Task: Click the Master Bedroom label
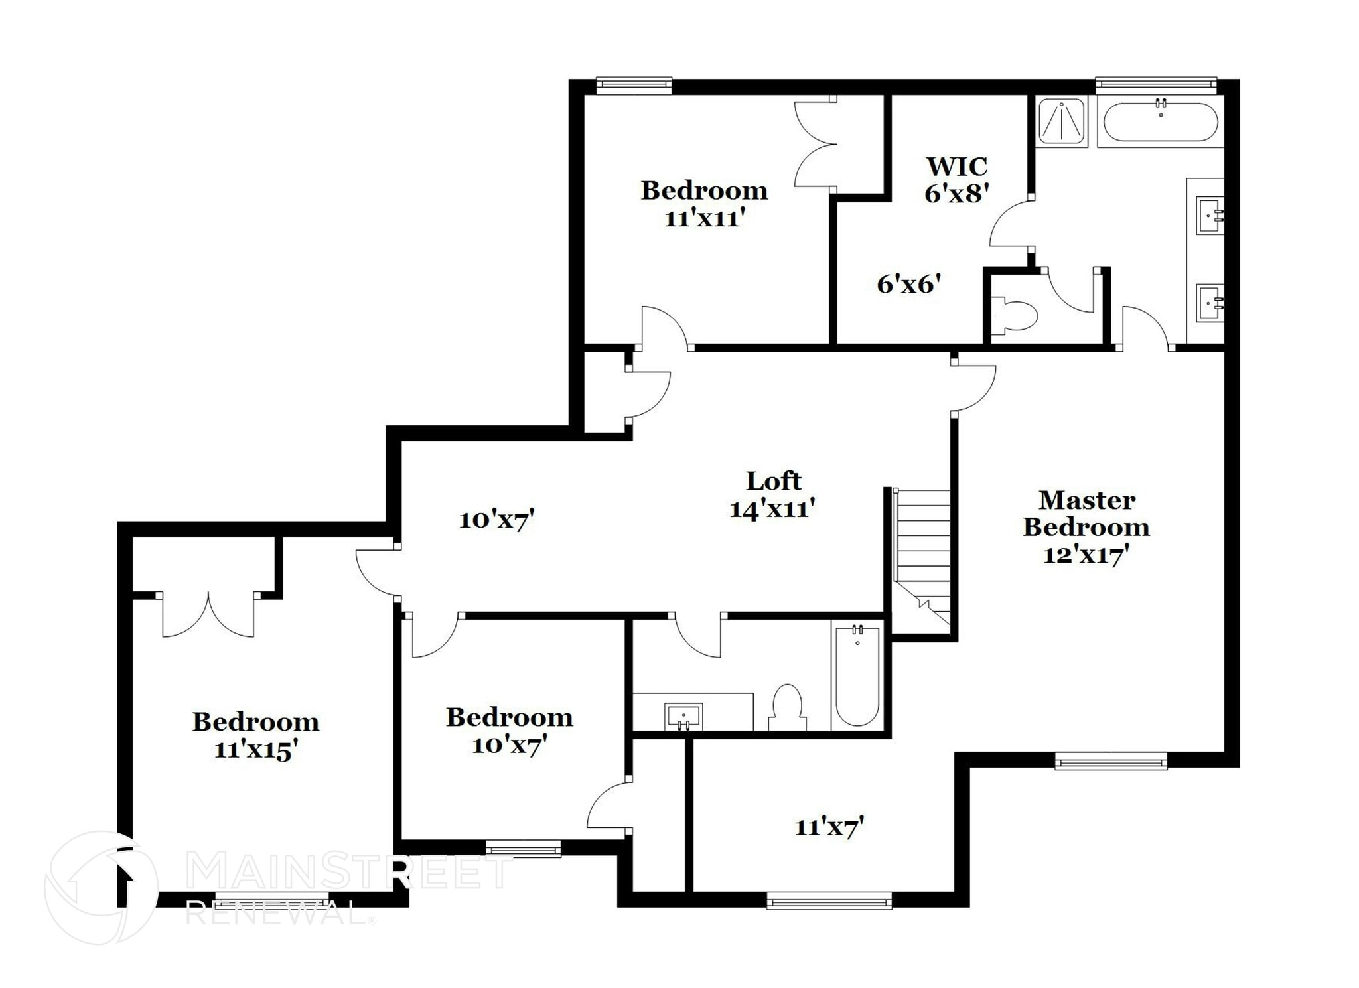point(1086,514)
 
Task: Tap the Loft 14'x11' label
point(772,494)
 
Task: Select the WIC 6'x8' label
point(956,179)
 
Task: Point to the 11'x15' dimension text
point(255,750)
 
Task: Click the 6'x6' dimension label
point(909,285)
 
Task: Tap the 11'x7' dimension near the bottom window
point(829,827)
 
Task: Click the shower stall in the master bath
point(1062,121)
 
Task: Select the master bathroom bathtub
point(1160,122)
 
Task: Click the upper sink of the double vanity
point(1210,215)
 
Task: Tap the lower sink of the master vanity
point(1210,303)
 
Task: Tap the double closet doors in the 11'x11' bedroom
point(815,143)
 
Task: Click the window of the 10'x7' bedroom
point(524,849)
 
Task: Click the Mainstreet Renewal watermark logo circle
point(101,888)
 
